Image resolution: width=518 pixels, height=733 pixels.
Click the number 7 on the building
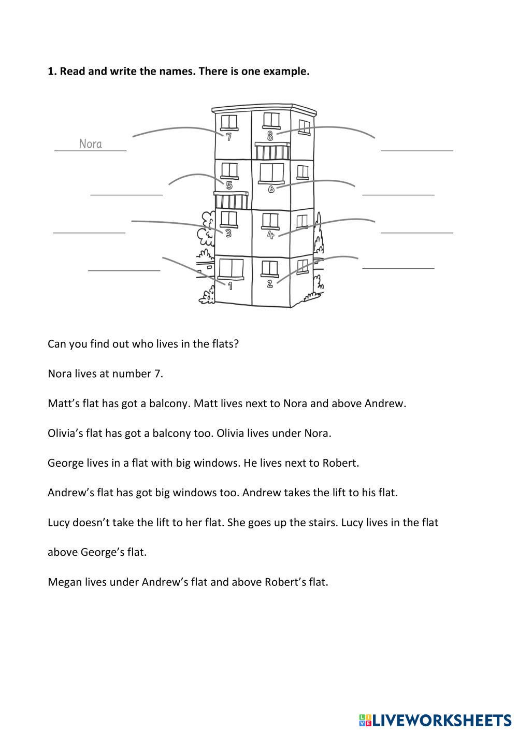(x=228, y=137)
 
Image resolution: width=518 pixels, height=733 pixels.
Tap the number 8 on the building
(x=270, y=136)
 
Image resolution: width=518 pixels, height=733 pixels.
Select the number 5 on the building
(x=229, y=185)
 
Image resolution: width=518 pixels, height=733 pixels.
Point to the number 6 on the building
(x=271, y=189)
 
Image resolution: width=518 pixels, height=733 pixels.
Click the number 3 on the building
(x=228, y=234)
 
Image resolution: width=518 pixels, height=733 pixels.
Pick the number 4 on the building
(x=270, y=235)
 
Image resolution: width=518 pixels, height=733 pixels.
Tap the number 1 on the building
(x=229, y=285)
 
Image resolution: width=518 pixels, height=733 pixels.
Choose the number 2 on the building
(x=269, y=284)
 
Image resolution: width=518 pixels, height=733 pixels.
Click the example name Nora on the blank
(x=91, y=144)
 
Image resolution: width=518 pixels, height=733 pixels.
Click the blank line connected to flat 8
(x=417, y=150)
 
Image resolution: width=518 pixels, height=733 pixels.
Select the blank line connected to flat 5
(x=126, y=195)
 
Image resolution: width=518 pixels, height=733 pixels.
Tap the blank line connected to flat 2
(x=398, y=268)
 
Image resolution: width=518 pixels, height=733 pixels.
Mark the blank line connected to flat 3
(x=89, y=233)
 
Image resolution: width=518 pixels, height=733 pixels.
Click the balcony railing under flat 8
(x=272, y=152)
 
